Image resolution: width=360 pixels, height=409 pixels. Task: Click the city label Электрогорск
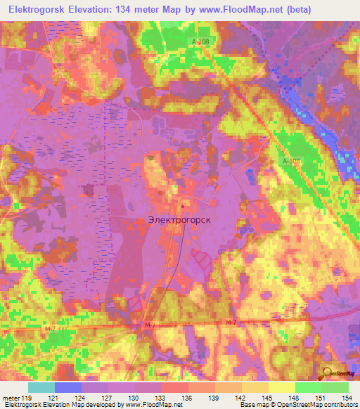point(181,219)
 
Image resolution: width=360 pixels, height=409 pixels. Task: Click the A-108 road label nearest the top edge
point(200,42)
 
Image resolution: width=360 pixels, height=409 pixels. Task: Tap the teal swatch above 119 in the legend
point(41,387)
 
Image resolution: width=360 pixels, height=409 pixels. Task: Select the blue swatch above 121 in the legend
point(68,387)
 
